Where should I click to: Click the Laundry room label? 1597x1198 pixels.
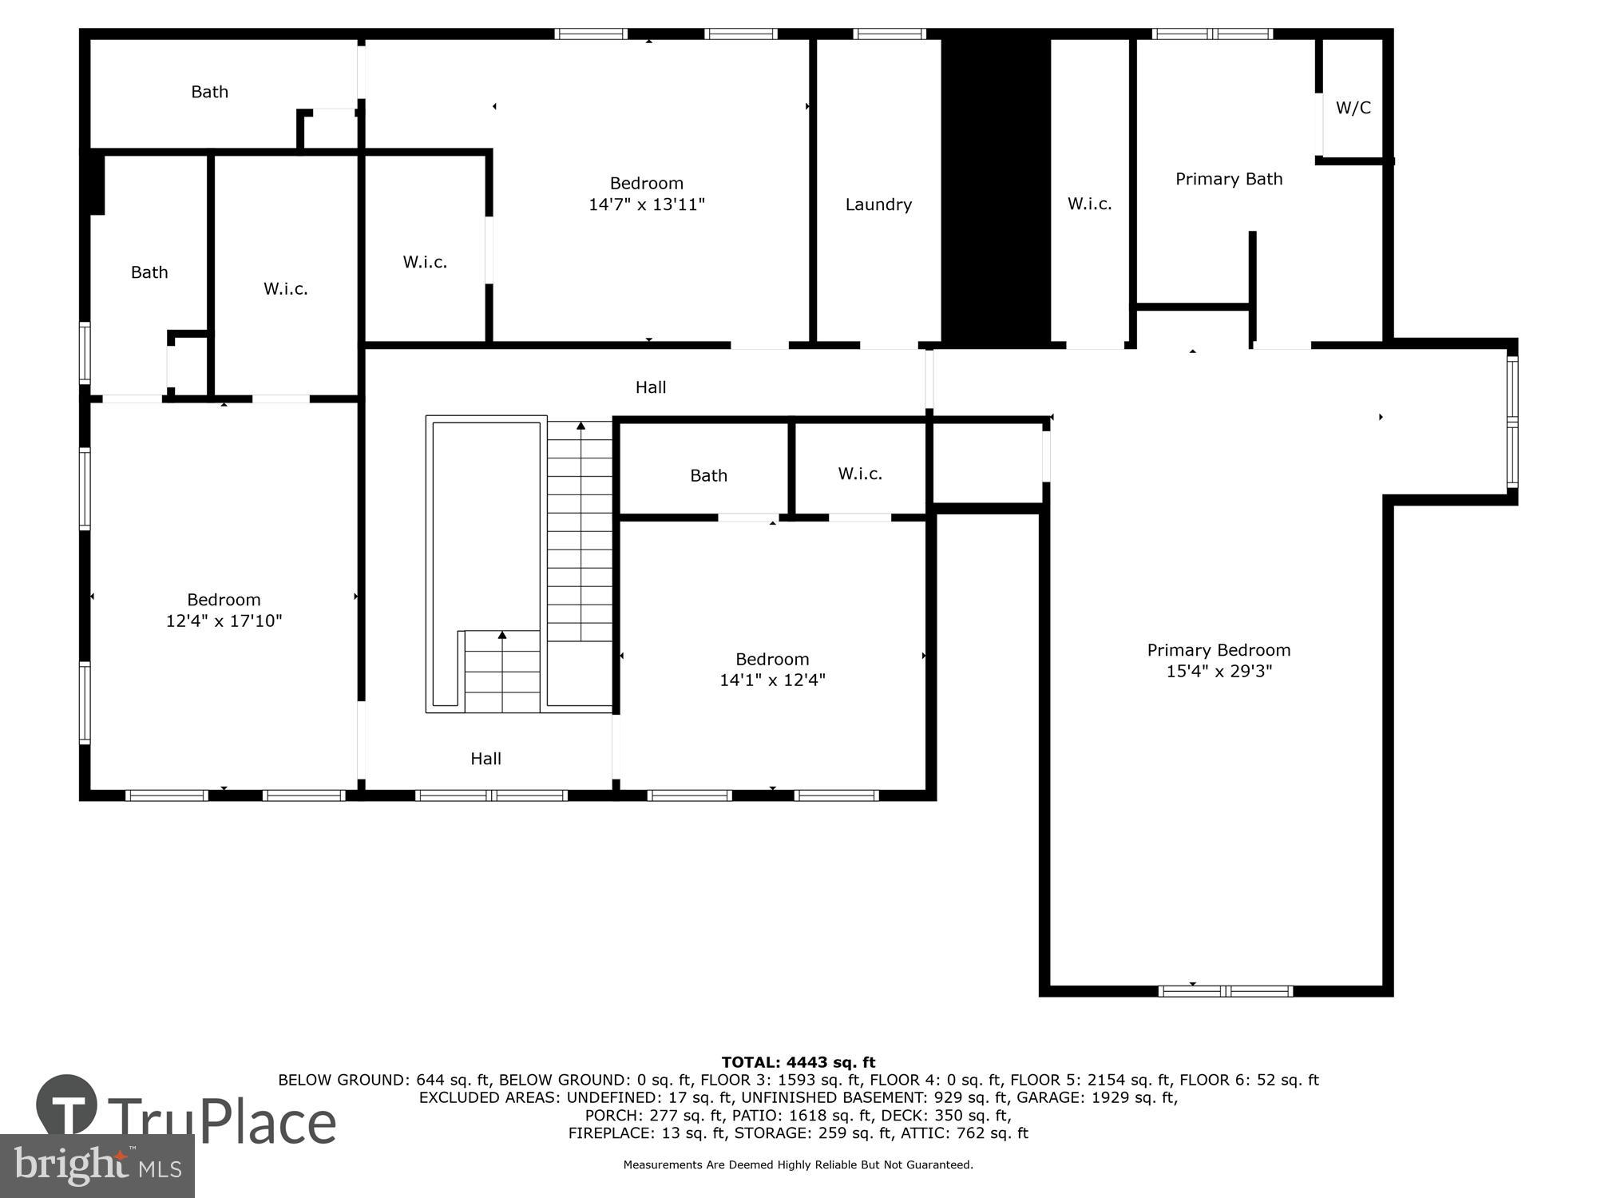point(878,204)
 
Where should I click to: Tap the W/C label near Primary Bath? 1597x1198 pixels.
point(1353,108)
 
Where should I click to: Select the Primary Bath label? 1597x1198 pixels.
point(1228,179)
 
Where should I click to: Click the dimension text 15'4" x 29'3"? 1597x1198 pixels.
point(1219,672)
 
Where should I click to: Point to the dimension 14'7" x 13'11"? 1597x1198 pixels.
point(646,204)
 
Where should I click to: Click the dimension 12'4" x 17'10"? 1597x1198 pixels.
point(224,621)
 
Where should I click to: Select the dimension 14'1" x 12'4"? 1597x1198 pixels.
point(771,680)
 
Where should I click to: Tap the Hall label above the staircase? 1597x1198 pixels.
point(650,387)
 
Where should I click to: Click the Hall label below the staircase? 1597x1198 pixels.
point(485,759)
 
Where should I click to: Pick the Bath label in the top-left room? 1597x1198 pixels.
point(209,92)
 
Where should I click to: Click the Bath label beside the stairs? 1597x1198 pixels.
point(708,476)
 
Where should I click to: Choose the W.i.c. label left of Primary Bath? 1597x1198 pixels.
point(1089,204)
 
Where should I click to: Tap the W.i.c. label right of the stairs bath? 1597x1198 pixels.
point(859,474)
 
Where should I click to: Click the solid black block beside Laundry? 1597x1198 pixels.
point(995,192)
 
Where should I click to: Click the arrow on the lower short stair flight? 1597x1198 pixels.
point(502,636)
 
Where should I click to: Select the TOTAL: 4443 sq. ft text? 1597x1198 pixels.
point(798,1062)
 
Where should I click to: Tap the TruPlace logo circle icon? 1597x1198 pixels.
point(67,1106)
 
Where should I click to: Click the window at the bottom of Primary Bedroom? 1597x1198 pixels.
point(1225,991)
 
